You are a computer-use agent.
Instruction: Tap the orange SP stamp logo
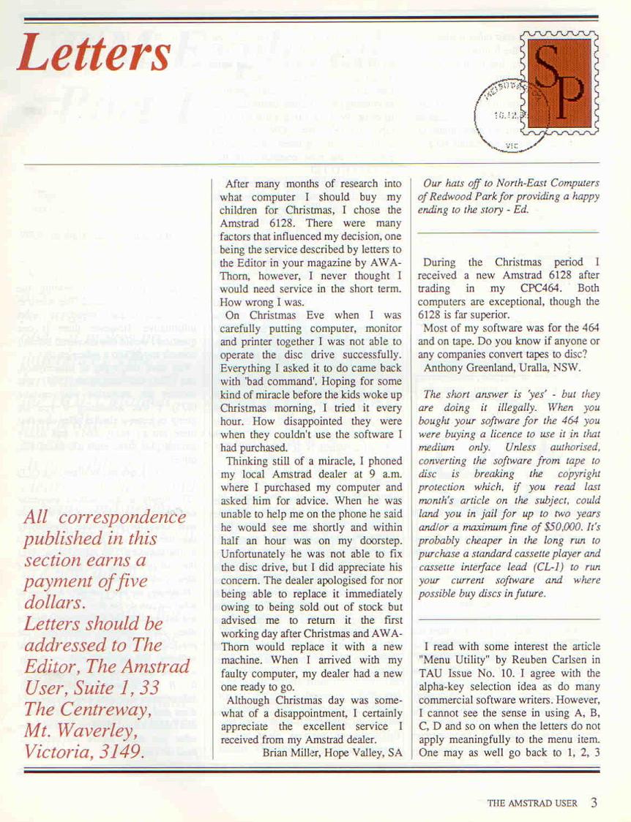[561, 83]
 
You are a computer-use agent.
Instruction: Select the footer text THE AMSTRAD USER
[532, 803]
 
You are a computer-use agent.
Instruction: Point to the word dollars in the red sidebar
[52, 603]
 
